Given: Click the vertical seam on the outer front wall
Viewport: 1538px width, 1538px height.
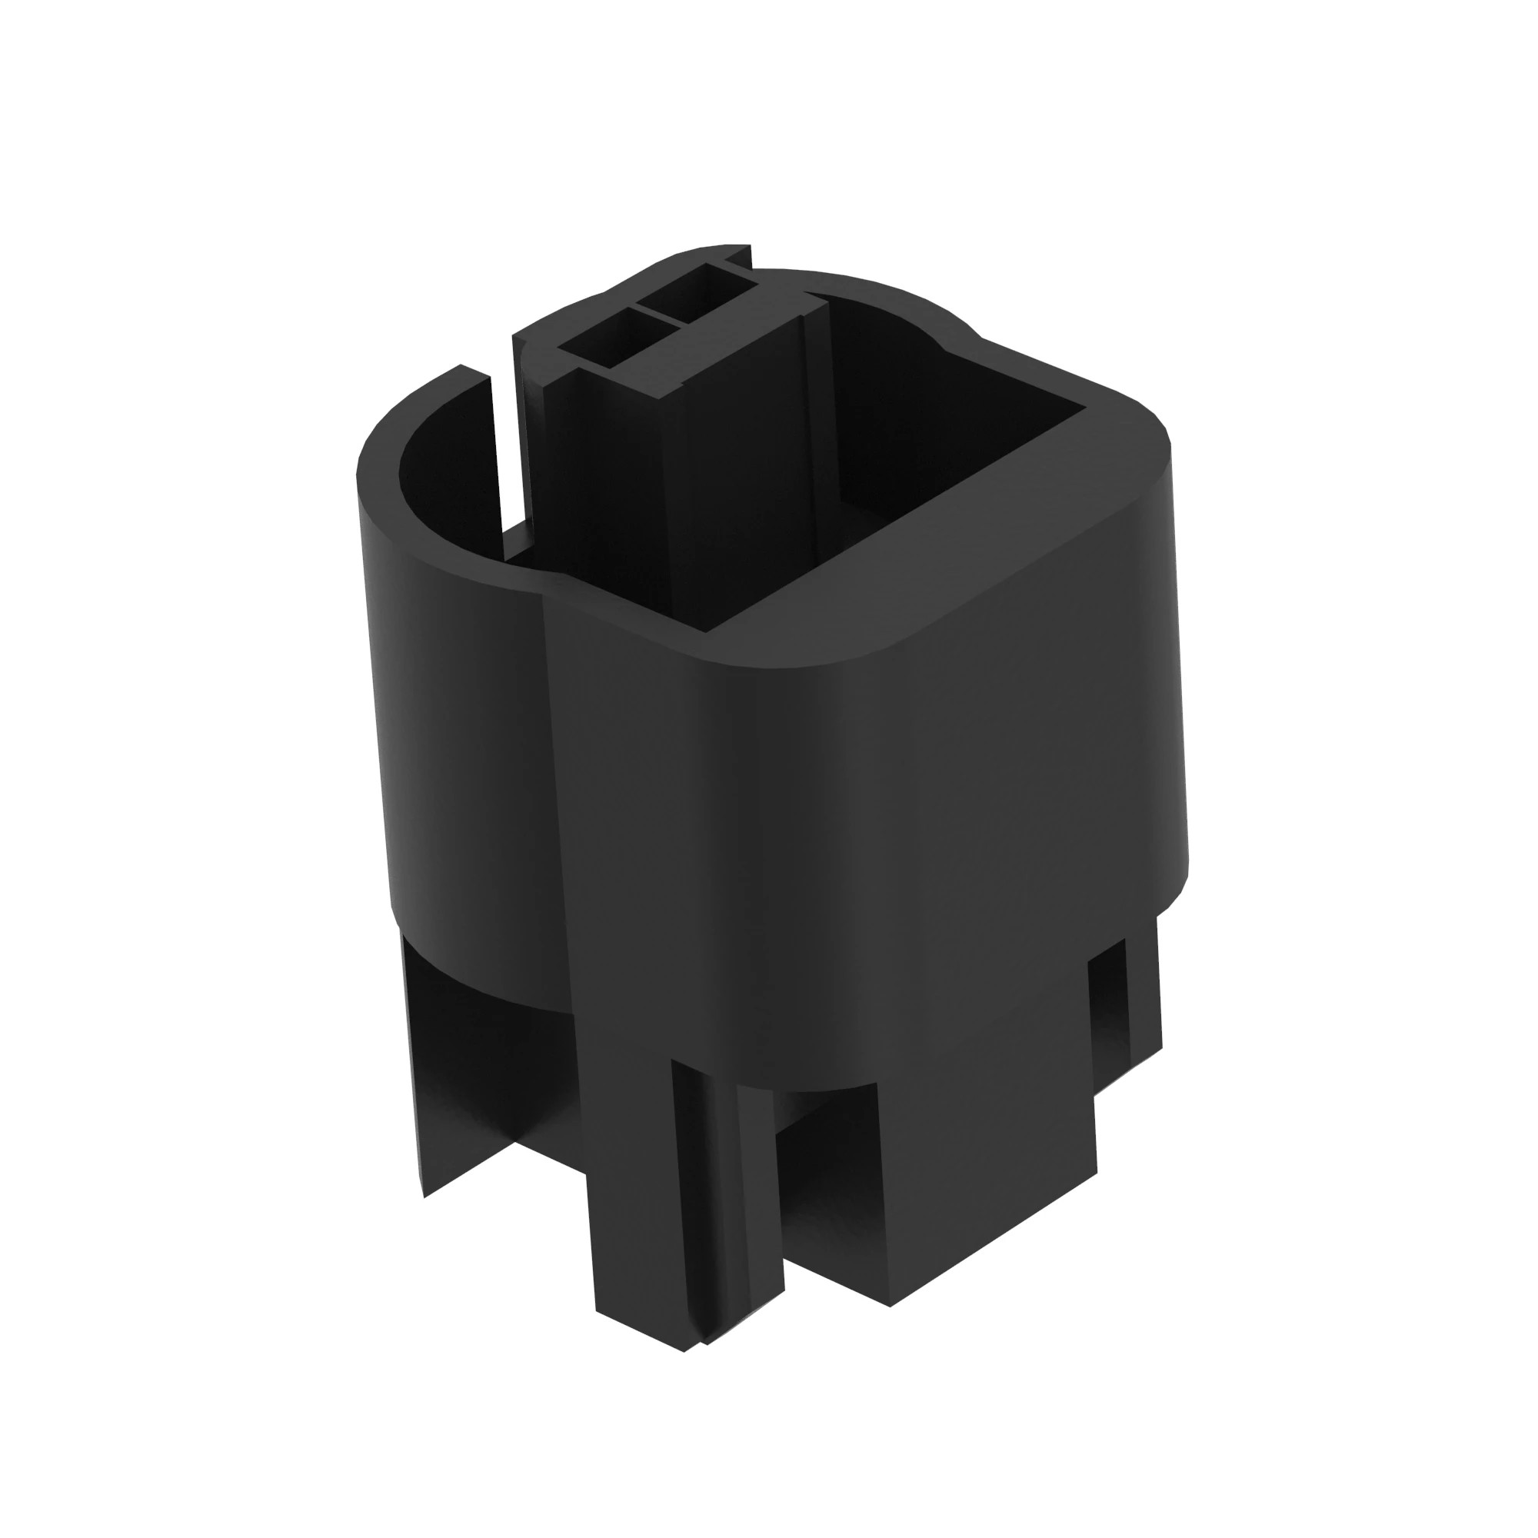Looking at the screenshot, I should [558, 796].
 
